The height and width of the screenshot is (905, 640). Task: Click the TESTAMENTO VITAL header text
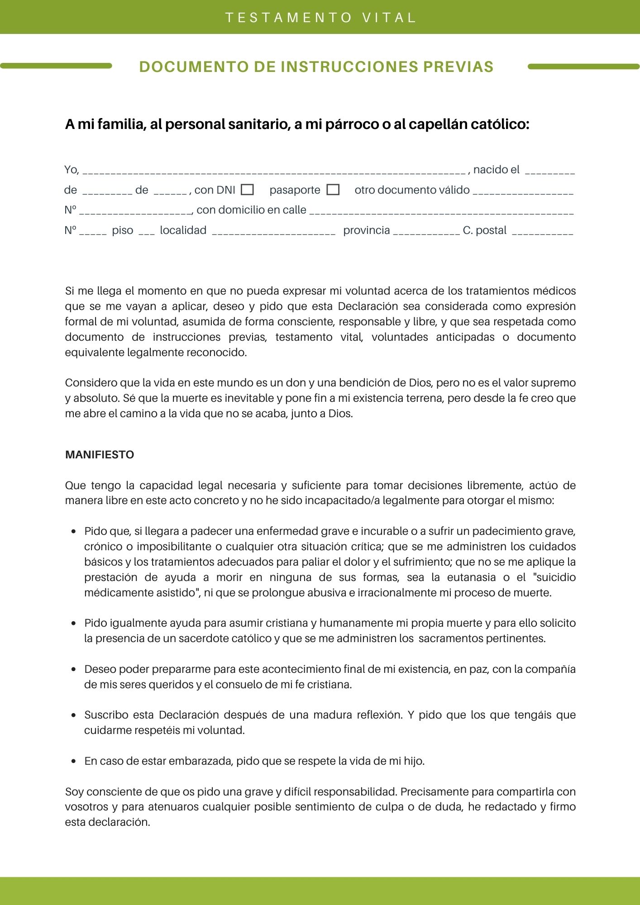(320, 18)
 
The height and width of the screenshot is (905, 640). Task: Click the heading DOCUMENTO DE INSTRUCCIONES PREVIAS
(316, 67)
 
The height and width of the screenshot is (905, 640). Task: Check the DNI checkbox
(247, 190)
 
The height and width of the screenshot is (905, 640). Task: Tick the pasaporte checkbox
(333, 190)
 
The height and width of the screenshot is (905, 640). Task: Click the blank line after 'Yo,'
(274, 171)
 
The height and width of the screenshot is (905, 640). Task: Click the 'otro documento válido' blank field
(523, 192)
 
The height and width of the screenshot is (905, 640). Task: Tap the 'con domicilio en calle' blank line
(441, 212)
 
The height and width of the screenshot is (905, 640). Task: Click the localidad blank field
(273, 232)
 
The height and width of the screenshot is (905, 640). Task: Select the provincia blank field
(426, 232)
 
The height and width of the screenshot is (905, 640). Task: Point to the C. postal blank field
(542, 232)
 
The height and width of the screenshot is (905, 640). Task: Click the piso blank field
(147, 232)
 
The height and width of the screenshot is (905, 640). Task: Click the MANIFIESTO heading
(100, 455)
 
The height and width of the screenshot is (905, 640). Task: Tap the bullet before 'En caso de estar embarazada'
(74, 762)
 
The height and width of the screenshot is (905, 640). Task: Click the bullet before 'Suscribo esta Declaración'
(74, 715)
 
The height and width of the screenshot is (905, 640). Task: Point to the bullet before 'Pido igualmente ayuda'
(74, 624)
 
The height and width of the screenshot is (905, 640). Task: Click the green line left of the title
(56, 66)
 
